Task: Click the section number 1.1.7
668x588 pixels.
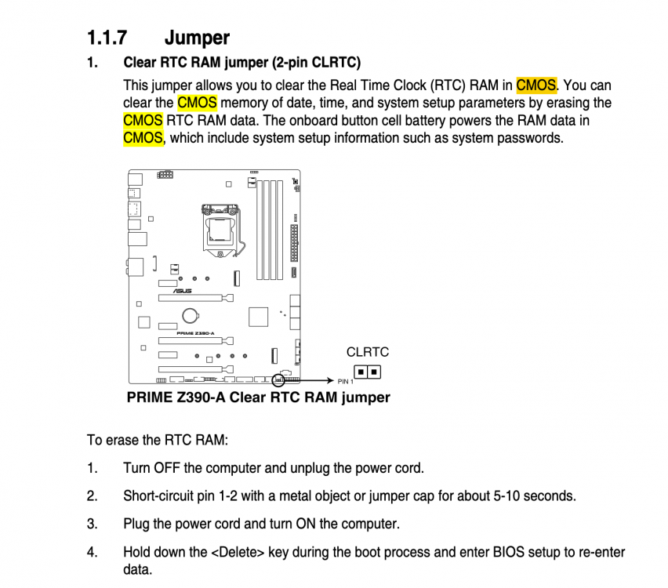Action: coord(107,38)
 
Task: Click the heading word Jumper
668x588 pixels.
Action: coord(198,38)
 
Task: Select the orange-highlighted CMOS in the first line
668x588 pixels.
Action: coord(536,85)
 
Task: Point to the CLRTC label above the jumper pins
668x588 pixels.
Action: coord(368,352)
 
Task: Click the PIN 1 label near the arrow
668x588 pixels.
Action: coord(346,381)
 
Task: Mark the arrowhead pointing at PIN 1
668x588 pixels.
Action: coord(330,380)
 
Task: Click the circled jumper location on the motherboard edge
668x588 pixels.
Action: coord(278,380)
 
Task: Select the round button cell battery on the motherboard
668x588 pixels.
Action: coord(191,316)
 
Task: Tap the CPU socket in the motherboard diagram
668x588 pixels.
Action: coord(220,230)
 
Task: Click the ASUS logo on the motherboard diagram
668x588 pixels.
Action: coord(183,291)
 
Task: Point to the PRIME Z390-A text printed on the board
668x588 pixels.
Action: coord(195,333)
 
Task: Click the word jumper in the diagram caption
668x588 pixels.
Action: coord(365,397)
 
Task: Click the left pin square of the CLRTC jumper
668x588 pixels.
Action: coord(361,372)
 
